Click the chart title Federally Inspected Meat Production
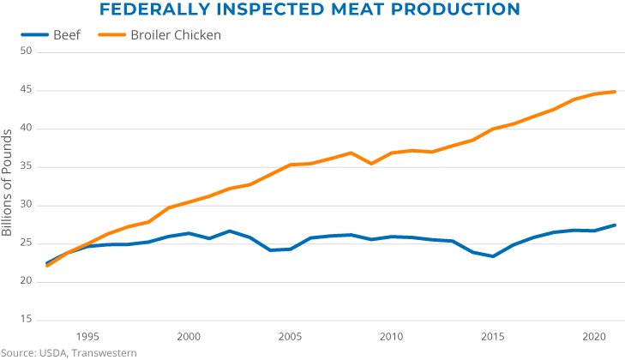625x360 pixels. pos(309,10)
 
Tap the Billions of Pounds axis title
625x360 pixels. pos(8,183)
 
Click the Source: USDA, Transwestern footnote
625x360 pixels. pos(63,352)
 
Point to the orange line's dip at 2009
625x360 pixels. pos(371,163)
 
